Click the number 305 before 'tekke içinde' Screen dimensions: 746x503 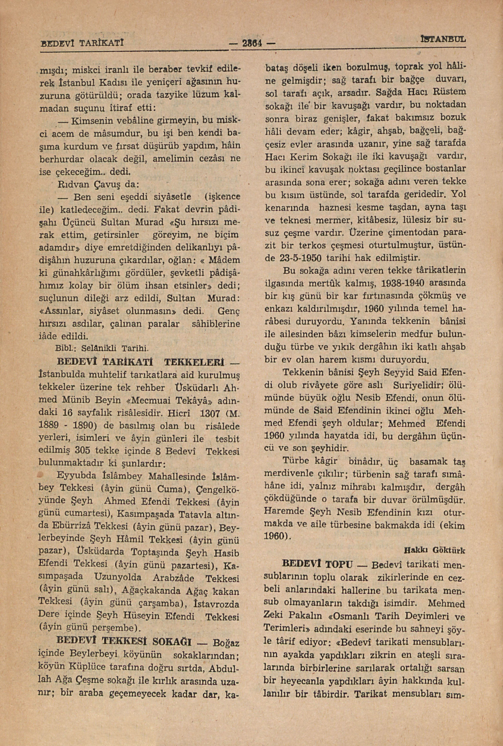pos(86,451)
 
